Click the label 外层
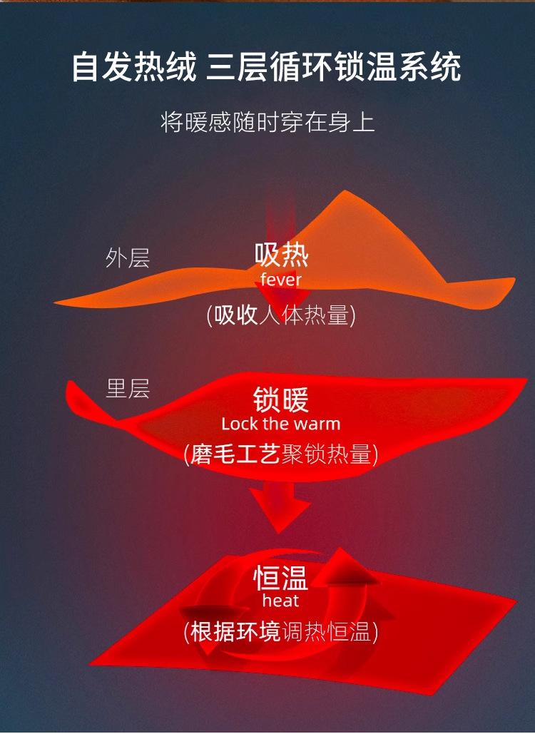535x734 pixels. point(128,258)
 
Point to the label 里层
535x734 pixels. point(128,389)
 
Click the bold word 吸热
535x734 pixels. point(281,254)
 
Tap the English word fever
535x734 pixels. point(281,279)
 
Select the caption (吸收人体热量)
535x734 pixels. point(281,315)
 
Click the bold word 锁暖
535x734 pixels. point(281,400)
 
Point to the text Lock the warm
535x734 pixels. point(281,424)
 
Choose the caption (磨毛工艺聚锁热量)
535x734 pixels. point(281,454)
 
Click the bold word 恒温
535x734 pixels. point(281,577)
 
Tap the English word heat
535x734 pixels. point(280,601)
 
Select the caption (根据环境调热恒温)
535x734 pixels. point(281,631)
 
